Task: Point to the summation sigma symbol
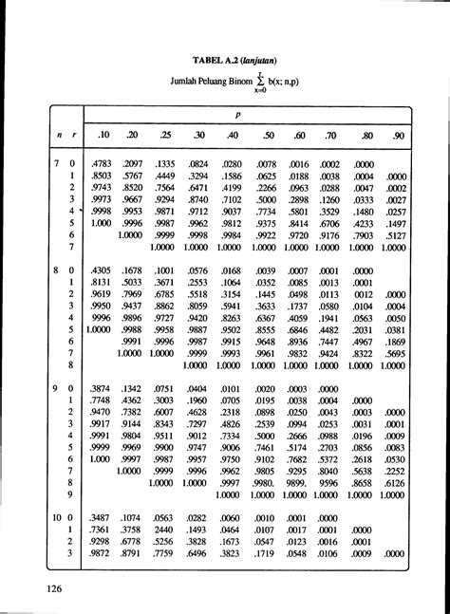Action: click(x=259, y=80)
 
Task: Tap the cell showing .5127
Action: click(x=396, y=233)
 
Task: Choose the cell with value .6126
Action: click(x=396, y=483)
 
